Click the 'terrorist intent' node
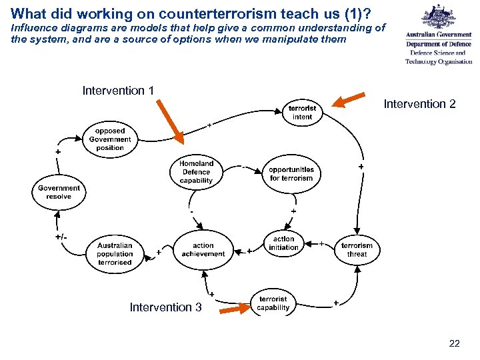point(302,112)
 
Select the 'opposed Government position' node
point(110,139)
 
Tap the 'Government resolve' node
point(59,192)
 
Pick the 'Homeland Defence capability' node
point(196,172)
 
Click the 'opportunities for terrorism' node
point(291,174)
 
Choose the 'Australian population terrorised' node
point(115,253)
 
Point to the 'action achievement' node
point(203,250)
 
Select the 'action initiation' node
point(283,243)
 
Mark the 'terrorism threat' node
point(357,249)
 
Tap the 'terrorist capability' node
point(273,303)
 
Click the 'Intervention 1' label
point(118,91)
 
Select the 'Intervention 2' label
point(419,104)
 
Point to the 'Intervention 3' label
point(165,307)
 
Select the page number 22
point(454,344)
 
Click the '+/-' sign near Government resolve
point(61,237)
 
